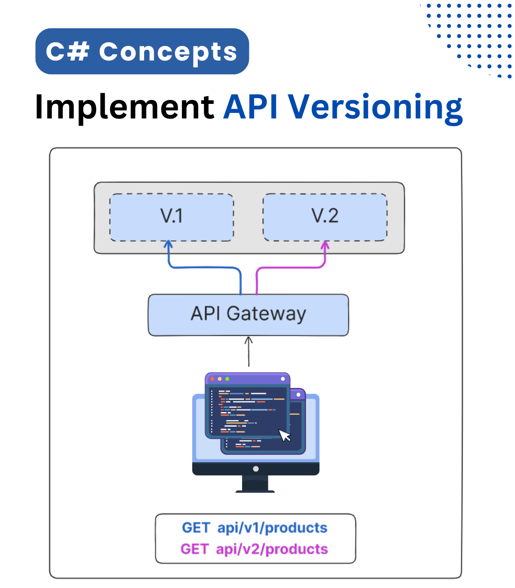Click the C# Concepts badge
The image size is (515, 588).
[142, 52]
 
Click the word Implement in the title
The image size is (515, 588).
[124, 107]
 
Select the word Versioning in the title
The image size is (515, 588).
[375, 107]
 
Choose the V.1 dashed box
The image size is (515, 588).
[172, 217]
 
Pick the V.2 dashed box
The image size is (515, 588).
[325, 217]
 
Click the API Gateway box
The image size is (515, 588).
[248, 315]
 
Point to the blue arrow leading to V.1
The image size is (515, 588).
[202, 267]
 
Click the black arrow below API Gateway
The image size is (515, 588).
[248, 351]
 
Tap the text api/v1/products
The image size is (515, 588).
[272, 528]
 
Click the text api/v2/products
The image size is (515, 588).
[272, 549]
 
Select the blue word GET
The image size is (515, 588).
[196, 528]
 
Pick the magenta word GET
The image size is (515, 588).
[194, 549]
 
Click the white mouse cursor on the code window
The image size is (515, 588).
[285, 435]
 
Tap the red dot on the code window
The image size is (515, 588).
[212, 379]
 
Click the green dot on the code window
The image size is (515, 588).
[227, 379]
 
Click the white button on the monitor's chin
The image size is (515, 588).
[256, 469]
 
